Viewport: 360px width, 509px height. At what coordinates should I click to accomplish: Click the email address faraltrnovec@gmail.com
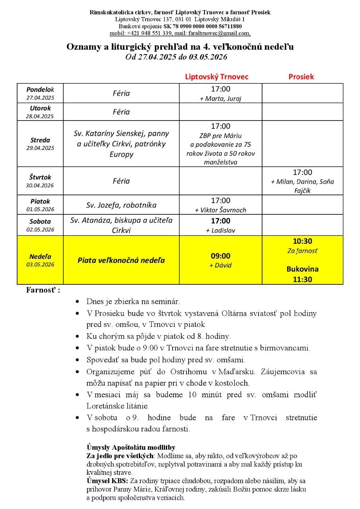(219, 33)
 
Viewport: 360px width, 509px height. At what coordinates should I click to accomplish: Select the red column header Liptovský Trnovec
(217, 77)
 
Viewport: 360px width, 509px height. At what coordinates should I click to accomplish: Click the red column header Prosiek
(301, 77)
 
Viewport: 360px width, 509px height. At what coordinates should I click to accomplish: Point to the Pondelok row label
(40, 89)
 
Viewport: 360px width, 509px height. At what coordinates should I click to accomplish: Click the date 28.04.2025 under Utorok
(40, 116)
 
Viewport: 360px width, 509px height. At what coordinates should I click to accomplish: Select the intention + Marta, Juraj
(220, 99)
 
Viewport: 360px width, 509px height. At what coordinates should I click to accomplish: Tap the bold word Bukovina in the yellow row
(302, 269)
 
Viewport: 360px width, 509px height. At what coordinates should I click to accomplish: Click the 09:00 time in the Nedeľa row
(220, 256)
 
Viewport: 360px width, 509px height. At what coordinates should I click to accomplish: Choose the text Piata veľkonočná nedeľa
(121, 260)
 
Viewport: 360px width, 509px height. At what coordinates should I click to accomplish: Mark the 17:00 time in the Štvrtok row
(302, 172)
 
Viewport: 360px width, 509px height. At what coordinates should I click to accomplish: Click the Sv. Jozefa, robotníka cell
(121, 205)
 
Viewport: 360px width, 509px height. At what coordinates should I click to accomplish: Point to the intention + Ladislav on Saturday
(220, 230)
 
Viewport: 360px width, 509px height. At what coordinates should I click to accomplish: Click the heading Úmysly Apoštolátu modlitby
(131, 447)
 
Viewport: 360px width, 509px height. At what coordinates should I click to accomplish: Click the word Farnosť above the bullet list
(41, 290)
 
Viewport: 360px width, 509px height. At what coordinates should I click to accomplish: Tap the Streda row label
(40, 140)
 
